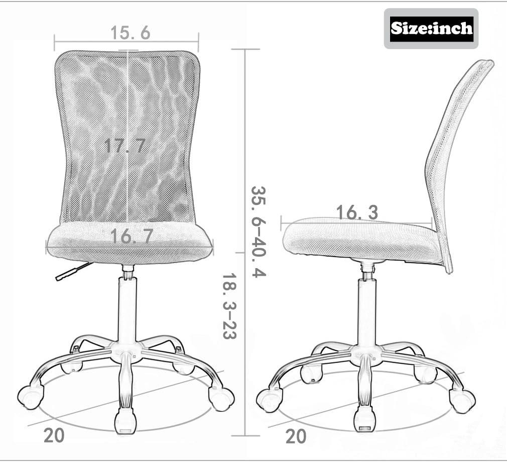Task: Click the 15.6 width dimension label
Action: coord(130,33)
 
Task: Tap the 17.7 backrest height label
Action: coord(124,146)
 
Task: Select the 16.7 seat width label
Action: coord(132,236)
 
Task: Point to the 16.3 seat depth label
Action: coord(357,212)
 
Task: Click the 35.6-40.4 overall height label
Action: coord(258,232)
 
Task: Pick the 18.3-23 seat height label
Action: coord(229,306)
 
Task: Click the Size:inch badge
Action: coord(431,28)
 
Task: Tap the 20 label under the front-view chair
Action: coord(54,435)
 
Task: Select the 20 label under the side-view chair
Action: coord(296,436)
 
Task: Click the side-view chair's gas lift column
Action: coord(367,311)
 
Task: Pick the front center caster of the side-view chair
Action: coord(364,418)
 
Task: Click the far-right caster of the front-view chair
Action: coord(221,398)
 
